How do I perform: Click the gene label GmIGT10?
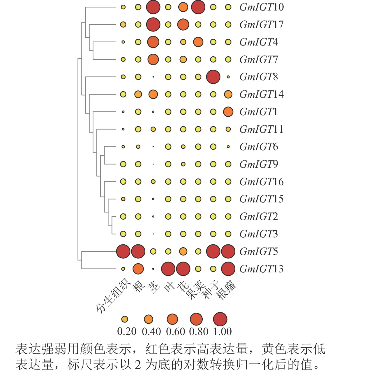pyautogui.click(x=261, y=7)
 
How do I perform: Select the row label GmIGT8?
pyautogui.click(x=258, y=77)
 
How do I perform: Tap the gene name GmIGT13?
pyautogui.click(x=261, y=269)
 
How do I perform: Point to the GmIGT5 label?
pyautogui.click(x=258, y=251)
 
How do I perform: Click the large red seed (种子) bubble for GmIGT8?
pyautogui.click(x=213, y=77)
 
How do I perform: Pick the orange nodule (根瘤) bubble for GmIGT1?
pyautogui.click(x=228, y=112)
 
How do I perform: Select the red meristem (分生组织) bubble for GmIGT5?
pyautogui.click(x=123, y=251)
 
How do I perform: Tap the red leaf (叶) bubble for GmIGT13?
pyautogui.click(x=168, y=269)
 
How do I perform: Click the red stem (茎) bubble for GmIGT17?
pyautogui.click(x=153, y=24)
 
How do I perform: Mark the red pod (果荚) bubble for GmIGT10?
pyautogui.click(x=198, y=7)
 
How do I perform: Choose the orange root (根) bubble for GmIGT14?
pyautogui.click(x=138, y=94)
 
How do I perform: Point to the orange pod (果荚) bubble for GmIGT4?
pyautogui.click(x=198, y=42)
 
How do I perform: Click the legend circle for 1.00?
pyautogui.click(x=220, y=319)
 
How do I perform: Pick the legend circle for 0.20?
pyautogui.click(x=125, y=319)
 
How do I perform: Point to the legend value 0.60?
pyautogui.click(x=175, y=332)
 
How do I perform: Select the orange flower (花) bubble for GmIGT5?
pyautogui.click(x=183, y=251)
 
